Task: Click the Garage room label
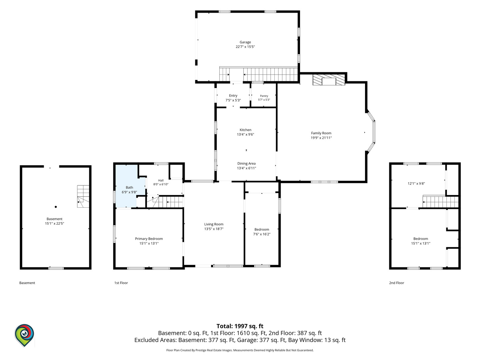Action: click(x=245, y=42)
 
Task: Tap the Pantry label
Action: click(x=264, y=96)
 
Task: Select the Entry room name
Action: click(x=233, y=96)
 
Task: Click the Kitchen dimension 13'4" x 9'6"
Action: click(x=245, y=134)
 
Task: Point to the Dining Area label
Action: click(x=246, y=163)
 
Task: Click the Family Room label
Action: click(x=321, y=133)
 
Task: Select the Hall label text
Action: click(x=161, y=181)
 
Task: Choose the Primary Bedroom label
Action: click(x=149, y=239)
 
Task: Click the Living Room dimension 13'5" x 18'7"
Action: click(x=214, y=229)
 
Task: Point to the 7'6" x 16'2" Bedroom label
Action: click(x=262, y=232)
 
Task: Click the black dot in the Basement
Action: click(x=56, y=207)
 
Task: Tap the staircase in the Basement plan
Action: click(x=83, y=196)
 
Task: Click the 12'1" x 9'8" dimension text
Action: click(x=416, y=184)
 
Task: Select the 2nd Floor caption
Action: click(x=396, y=283)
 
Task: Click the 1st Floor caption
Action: click(x=121, y=283)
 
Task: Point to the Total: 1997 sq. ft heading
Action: click(x=240, y=326)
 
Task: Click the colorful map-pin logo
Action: click(x=24, y=335)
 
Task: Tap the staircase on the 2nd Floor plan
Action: click(x=440, y=201)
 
